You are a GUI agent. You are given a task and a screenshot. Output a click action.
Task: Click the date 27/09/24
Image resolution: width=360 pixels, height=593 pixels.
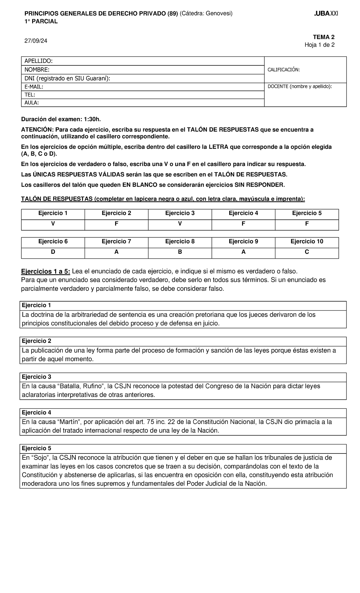(x=36, y=41)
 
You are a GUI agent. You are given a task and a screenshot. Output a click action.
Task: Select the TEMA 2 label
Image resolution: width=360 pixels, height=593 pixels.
(x=324, y=37)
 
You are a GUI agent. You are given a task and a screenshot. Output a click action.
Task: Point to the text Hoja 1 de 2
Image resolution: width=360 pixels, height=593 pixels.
(x=319, y=45)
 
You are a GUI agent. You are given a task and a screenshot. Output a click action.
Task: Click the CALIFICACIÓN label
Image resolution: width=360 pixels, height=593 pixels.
(x=283, y=70)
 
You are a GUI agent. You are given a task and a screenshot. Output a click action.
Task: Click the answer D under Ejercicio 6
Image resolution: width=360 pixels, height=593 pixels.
(x=53, y=252)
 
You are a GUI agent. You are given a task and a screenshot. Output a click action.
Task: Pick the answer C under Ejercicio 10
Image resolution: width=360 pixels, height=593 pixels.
(x=307, y=252)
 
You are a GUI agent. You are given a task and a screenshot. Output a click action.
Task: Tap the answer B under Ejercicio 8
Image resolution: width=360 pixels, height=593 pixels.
(x=180, y=252)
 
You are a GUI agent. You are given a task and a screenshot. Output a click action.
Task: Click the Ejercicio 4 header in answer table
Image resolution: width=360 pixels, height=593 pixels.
(x=243, y=213)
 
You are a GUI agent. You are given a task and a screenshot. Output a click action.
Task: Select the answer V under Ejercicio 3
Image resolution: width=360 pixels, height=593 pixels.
(x=180, y=224)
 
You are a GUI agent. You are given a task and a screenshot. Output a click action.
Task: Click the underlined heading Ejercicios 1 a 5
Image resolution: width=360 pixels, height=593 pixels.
(x=46, y=272)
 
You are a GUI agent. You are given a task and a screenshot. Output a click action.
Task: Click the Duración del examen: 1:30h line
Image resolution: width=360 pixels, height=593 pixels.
(x=61, y=119)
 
